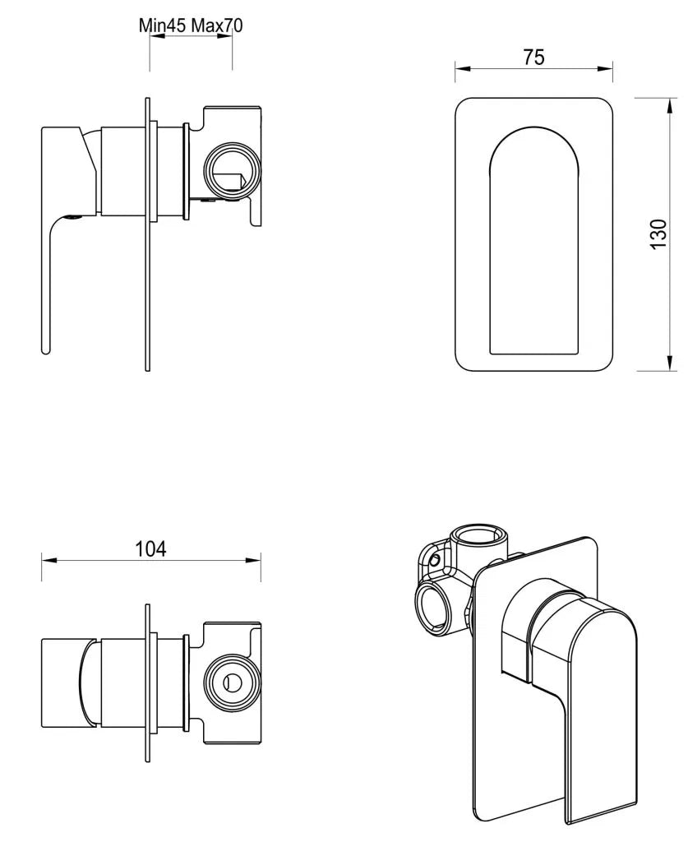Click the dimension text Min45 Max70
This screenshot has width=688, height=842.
click(x=191, y=25)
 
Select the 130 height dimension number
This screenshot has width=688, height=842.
click(x=658, y=235)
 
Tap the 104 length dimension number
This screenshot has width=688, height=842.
click(x=150, y=548)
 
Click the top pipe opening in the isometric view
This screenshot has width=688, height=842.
click(x=480, y=543)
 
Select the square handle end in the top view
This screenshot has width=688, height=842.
click(x=62, y=682)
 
